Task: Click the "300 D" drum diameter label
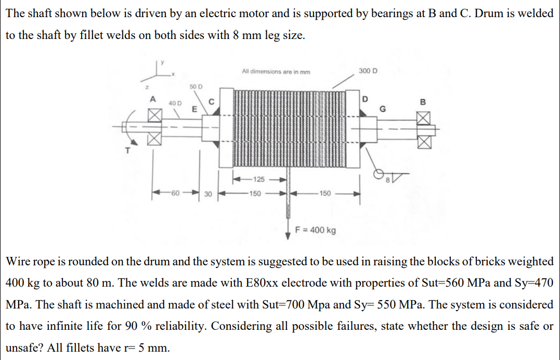point(368,71)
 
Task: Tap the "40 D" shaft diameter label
point(175,103)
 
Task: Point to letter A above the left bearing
point(152,99)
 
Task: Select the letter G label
point(384,109)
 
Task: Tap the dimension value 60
point(175,194)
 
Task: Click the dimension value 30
point(207,194)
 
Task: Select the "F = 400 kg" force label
point(315,229)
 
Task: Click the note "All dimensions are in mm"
point(276,71)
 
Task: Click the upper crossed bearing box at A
point(152,118)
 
